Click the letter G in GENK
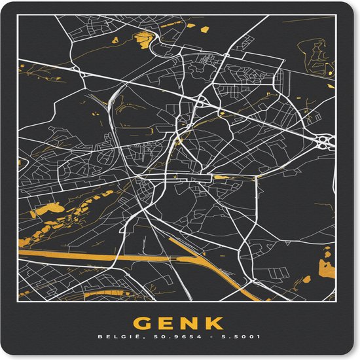[142, 324]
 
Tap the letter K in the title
[215, 324]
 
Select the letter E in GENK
[166, 324]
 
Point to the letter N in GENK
[190, 324]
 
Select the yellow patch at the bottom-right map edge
[325, 267]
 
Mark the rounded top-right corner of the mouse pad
[353, 6]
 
